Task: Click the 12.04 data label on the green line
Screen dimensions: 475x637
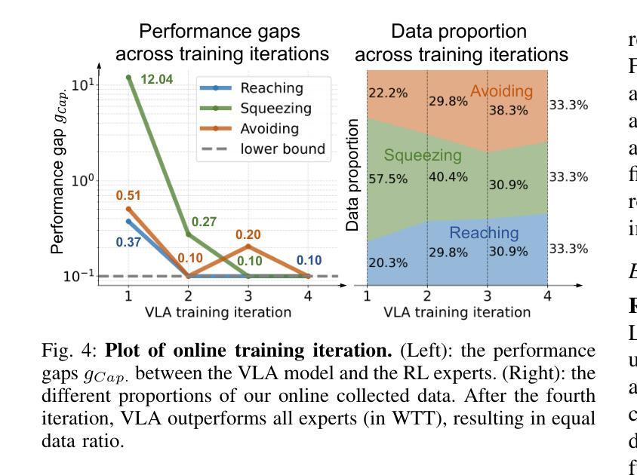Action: [157, 78]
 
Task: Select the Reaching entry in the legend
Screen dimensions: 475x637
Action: [271, 88]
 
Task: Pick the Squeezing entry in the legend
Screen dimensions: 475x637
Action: [275, 109]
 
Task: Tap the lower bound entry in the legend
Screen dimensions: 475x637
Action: [282, 149]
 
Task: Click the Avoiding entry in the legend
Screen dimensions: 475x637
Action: [269, 129]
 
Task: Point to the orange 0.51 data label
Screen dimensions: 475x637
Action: [128, 195]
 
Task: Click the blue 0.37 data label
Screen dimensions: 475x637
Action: [128, 242]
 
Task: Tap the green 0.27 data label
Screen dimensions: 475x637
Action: [204, 222]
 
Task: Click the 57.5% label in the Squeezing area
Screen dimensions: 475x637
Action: [388, 179]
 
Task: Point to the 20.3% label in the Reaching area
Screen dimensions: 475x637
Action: [388, 263]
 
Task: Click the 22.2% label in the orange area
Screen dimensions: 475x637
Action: [388, 93]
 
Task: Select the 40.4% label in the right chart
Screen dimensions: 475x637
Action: [448, 177]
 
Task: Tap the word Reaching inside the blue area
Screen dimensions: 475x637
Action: [484, 232]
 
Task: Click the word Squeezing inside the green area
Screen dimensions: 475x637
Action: [422, 155]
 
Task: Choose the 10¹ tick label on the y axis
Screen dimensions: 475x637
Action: [83, 84]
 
